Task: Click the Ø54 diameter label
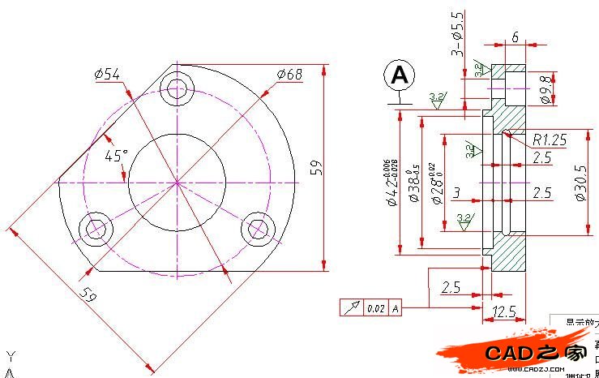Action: click(x=107, y=75)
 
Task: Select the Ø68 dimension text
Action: click(x=289, y=75)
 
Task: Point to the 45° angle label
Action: click(x=115, y=155)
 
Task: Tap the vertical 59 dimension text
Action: click(x=317, y=167)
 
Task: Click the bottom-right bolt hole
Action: click(x=257, y=229)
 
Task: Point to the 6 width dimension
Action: click(x=515, y=38)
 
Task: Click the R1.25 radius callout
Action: click(x=550, y=140)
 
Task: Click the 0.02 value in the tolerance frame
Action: click(x=375, y=308)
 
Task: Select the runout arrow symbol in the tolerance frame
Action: click(x=351, y=308)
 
